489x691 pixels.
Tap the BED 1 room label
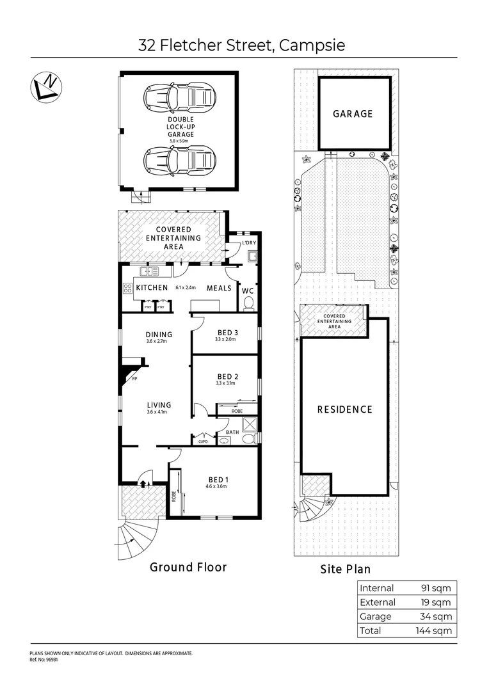pyautogui.click(x=216, y=479)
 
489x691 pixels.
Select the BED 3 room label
pyautogui.click(x=228, y=332)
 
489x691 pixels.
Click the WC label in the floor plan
pyautogui.click(x=248, y=290)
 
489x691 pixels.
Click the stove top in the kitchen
pyautogui.click(x=127, y=288)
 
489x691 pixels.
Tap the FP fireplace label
pyautogui.click(x=134, y=379)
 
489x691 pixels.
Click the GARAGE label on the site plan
pyautogui.click(x=353, y=114)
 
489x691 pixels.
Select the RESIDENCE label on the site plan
pyautogui.click(x=345, y=409)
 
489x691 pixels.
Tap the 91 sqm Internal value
pyautogui.click(x=437, y=588)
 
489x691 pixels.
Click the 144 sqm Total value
pyautogui.click(x=435, y=630)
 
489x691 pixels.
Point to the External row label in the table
pyautogui.click(x=378, y=602)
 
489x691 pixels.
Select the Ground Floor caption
pyautogui.click(x=188, y=567)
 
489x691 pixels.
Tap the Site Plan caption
pyautogui.click(x=345, y=569)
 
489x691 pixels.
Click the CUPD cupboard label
pyautogui.click(x=204, y=441)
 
